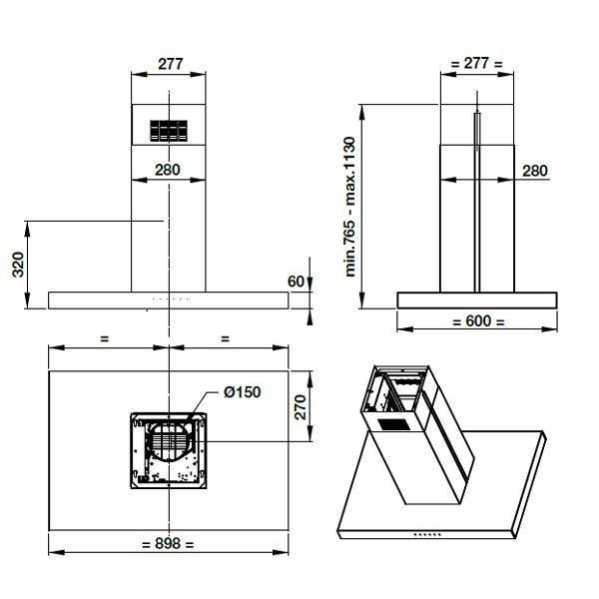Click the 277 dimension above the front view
point(169,63)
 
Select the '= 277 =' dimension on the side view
point(476,63)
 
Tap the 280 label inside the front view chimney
point(168,170)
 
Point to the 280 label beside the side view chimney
point(535,171)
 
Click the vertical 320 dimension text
point(17,265)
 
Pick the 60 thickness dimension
point(296,282)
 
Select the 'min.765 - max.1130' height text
point(351,207)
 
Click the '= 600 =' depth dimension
point(477,321)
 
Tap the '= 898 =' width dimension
point(168,544)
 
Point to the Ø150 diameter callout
point(242,392)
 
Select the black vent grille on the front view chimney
point(168,130)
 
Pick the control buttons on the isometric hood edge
point(427,536)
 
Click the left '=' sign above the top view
point(105,338)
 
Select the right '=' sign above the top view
point(226,338)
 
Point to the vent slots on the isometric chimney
point(391,423)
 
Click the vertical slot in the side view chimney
point(477,200)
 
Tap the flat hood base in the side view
point(477,299)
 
